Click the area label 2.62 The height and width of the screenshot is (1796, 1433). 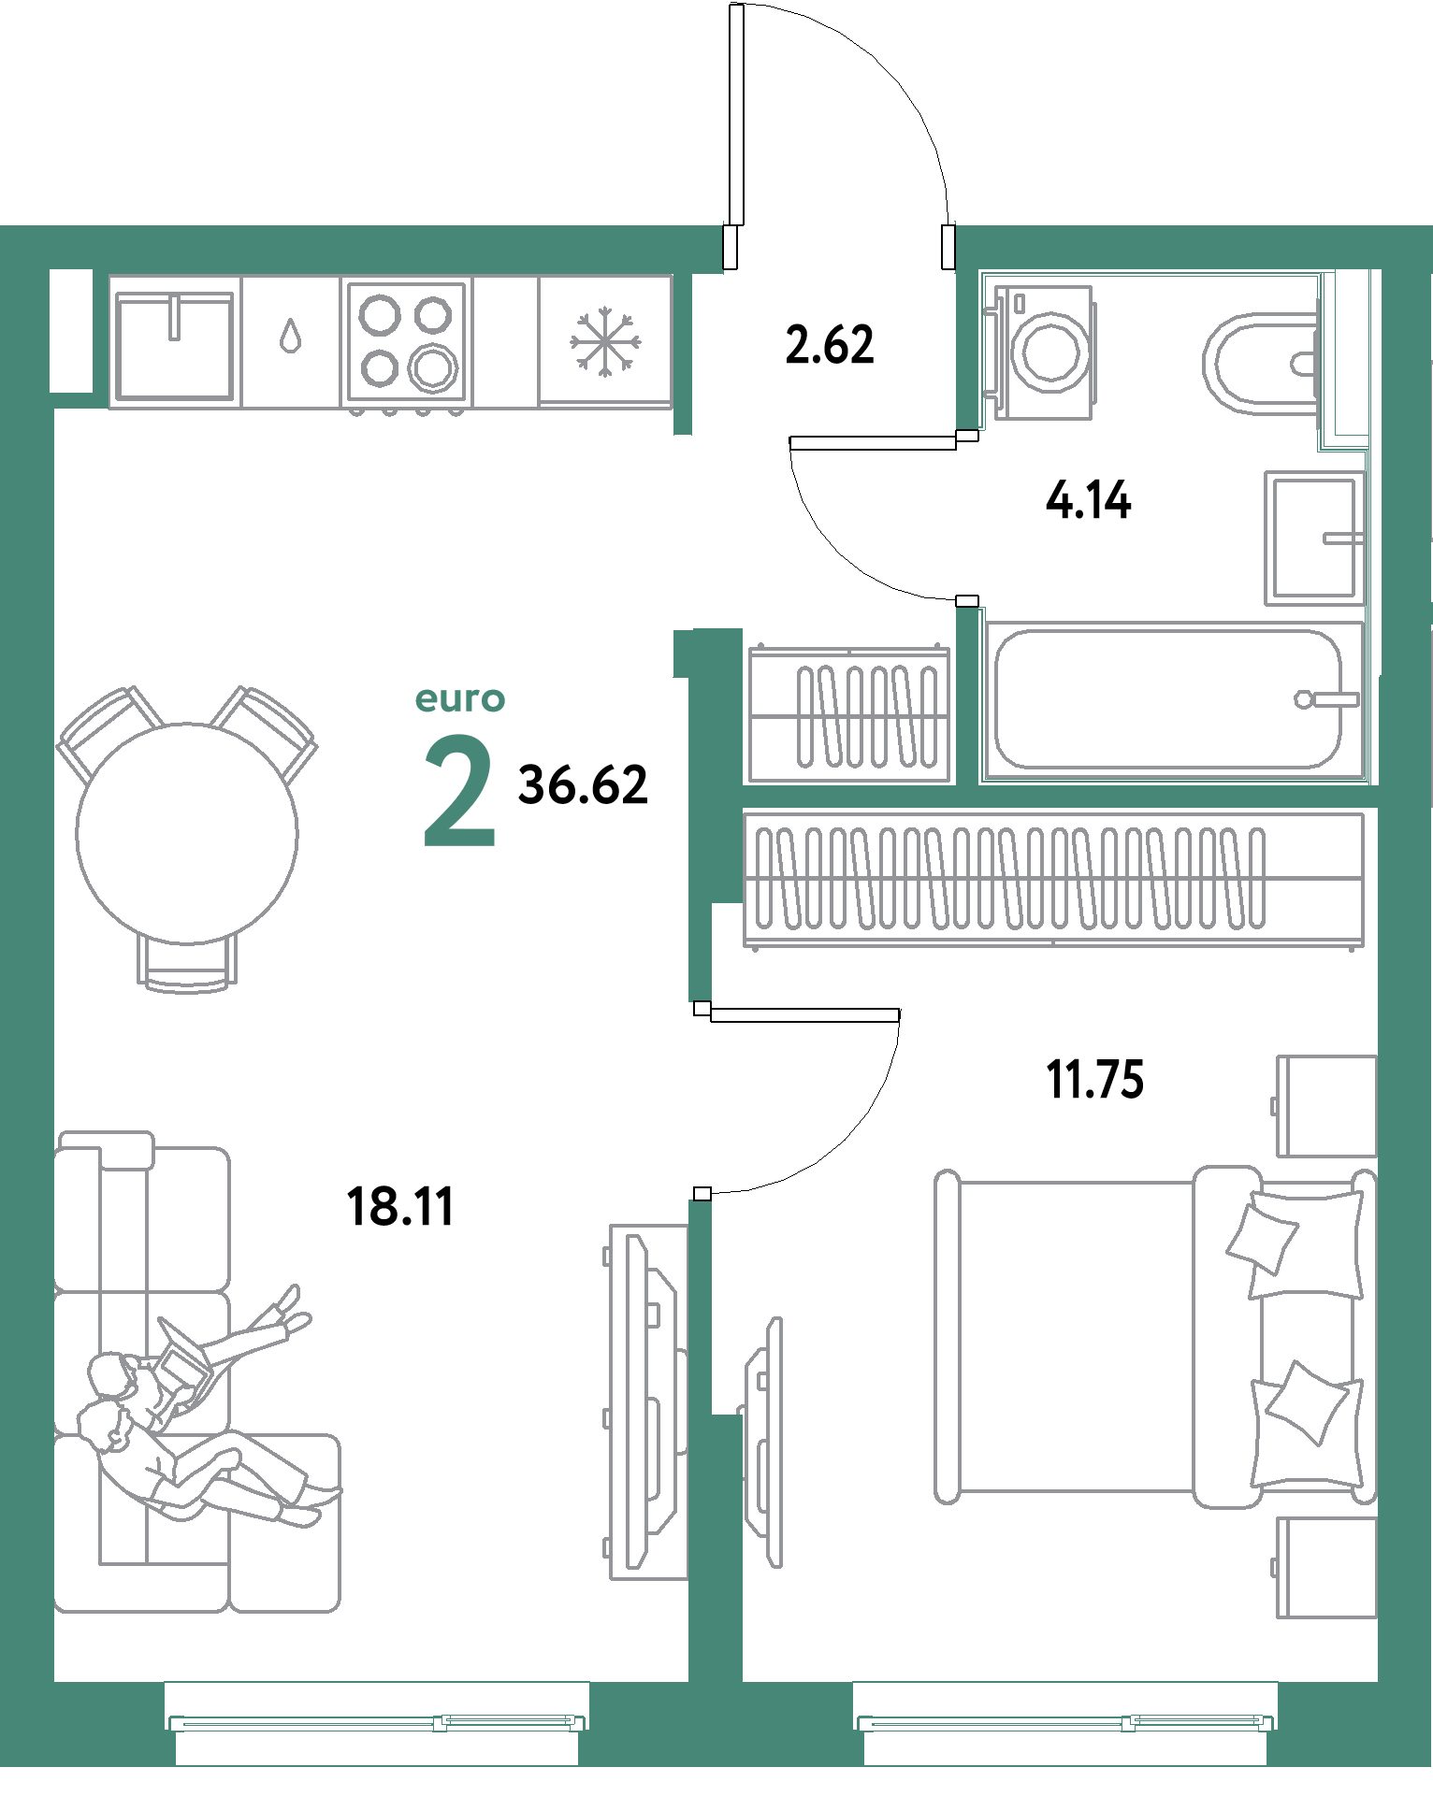click(829, 345)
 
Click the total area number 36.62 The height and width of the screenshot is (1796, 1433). click(583, 785)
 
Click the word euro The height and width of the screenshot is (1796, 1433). click(459, 698)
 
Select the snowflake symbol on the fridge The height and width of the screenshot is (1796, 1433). click(606, 342)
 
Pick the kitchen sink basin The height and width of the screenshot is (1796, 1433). click(173, 344)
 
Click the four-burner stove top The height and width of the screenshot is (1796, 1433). click(407, 342)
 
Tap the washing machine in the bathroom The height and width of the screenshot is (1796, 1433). click(1044, 352)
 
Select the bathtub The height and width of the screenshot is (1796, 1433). click(1172, 699)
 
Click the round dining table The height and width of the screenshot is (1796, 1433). click(187, 832)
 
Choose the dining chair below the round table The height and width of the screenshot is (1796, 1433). click(187, 963)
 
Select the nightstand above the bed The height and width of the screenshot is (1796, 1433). click(1326, 1106)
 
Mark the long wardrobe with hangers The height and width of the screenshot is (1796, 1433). click(1052, 879)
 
